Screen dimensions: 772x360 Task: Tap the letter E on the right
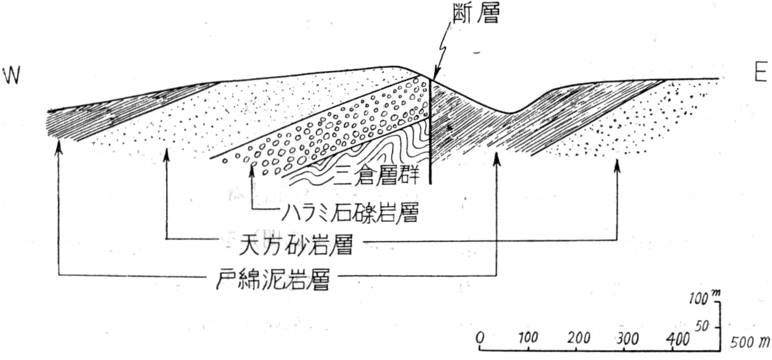click(759, 74)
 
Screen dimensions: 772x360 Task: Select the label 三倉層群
click(377, 176)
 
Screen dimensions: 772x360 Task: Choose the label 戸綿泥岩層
click(272, 280)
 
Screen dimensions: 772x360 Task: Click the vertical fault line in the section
click(431, 132)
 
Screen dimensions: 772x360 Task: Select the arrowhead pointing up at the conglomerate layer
click(252, 169)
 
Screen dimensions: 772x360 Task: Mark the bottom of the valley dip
click(510, 112)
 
